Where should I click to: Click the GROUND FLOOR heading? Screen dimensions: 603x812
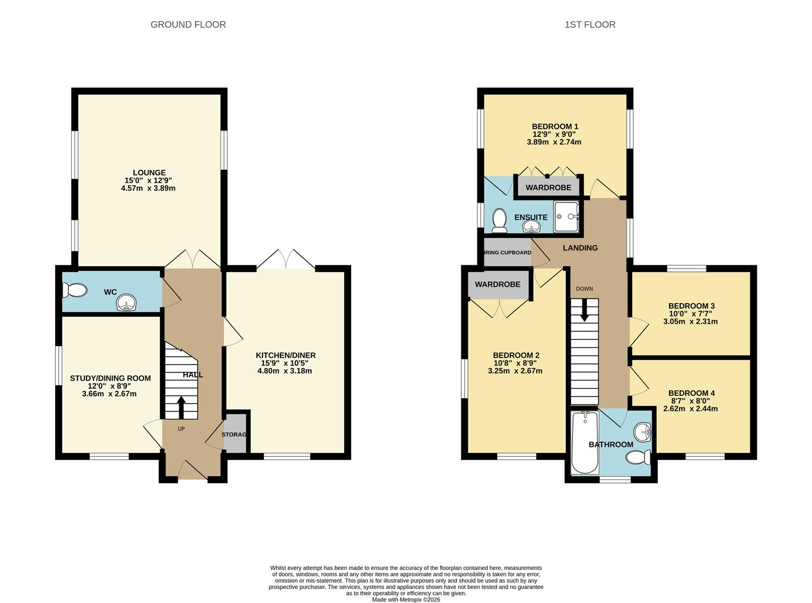coord(188,25)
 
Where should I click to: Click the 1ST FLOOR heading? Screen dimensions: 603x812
coord(590,25)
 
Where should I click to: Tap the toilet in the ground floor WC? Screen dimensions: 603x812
coord(75,290)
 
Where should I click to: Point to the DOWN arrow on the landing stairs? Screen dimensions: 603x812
coord(584,310)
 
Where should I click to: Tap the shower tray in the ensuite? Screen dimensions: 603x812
coord(567,217)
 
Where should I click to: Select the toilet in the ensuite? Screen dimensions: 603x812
coord(499,220)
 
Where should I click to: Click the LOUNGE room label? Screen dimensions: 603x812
coord(149,173)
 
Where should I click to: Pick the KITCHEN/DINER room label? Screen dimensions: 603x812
coord(285,356)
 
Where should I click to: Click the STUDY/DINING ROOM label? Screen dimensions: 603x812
coord(110,379)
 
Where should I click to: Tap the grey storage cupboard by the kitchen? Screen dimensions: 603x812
coord(236,434)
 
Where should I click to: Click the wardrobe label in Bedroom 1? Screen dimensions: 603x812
coord(548,188)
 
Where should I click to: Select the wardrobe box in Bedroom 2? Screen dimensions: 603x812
coord(498,285)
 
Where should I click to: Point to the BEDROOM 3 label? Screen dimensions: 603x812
coord(691,306)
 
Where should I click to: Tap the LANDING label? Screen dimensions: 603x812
coord(580,248)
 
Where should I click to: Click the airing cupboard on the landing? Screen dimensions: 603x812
coord(507,252)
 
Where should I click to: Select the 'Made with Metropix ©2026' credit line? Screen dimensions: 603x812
coord(406,600)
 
